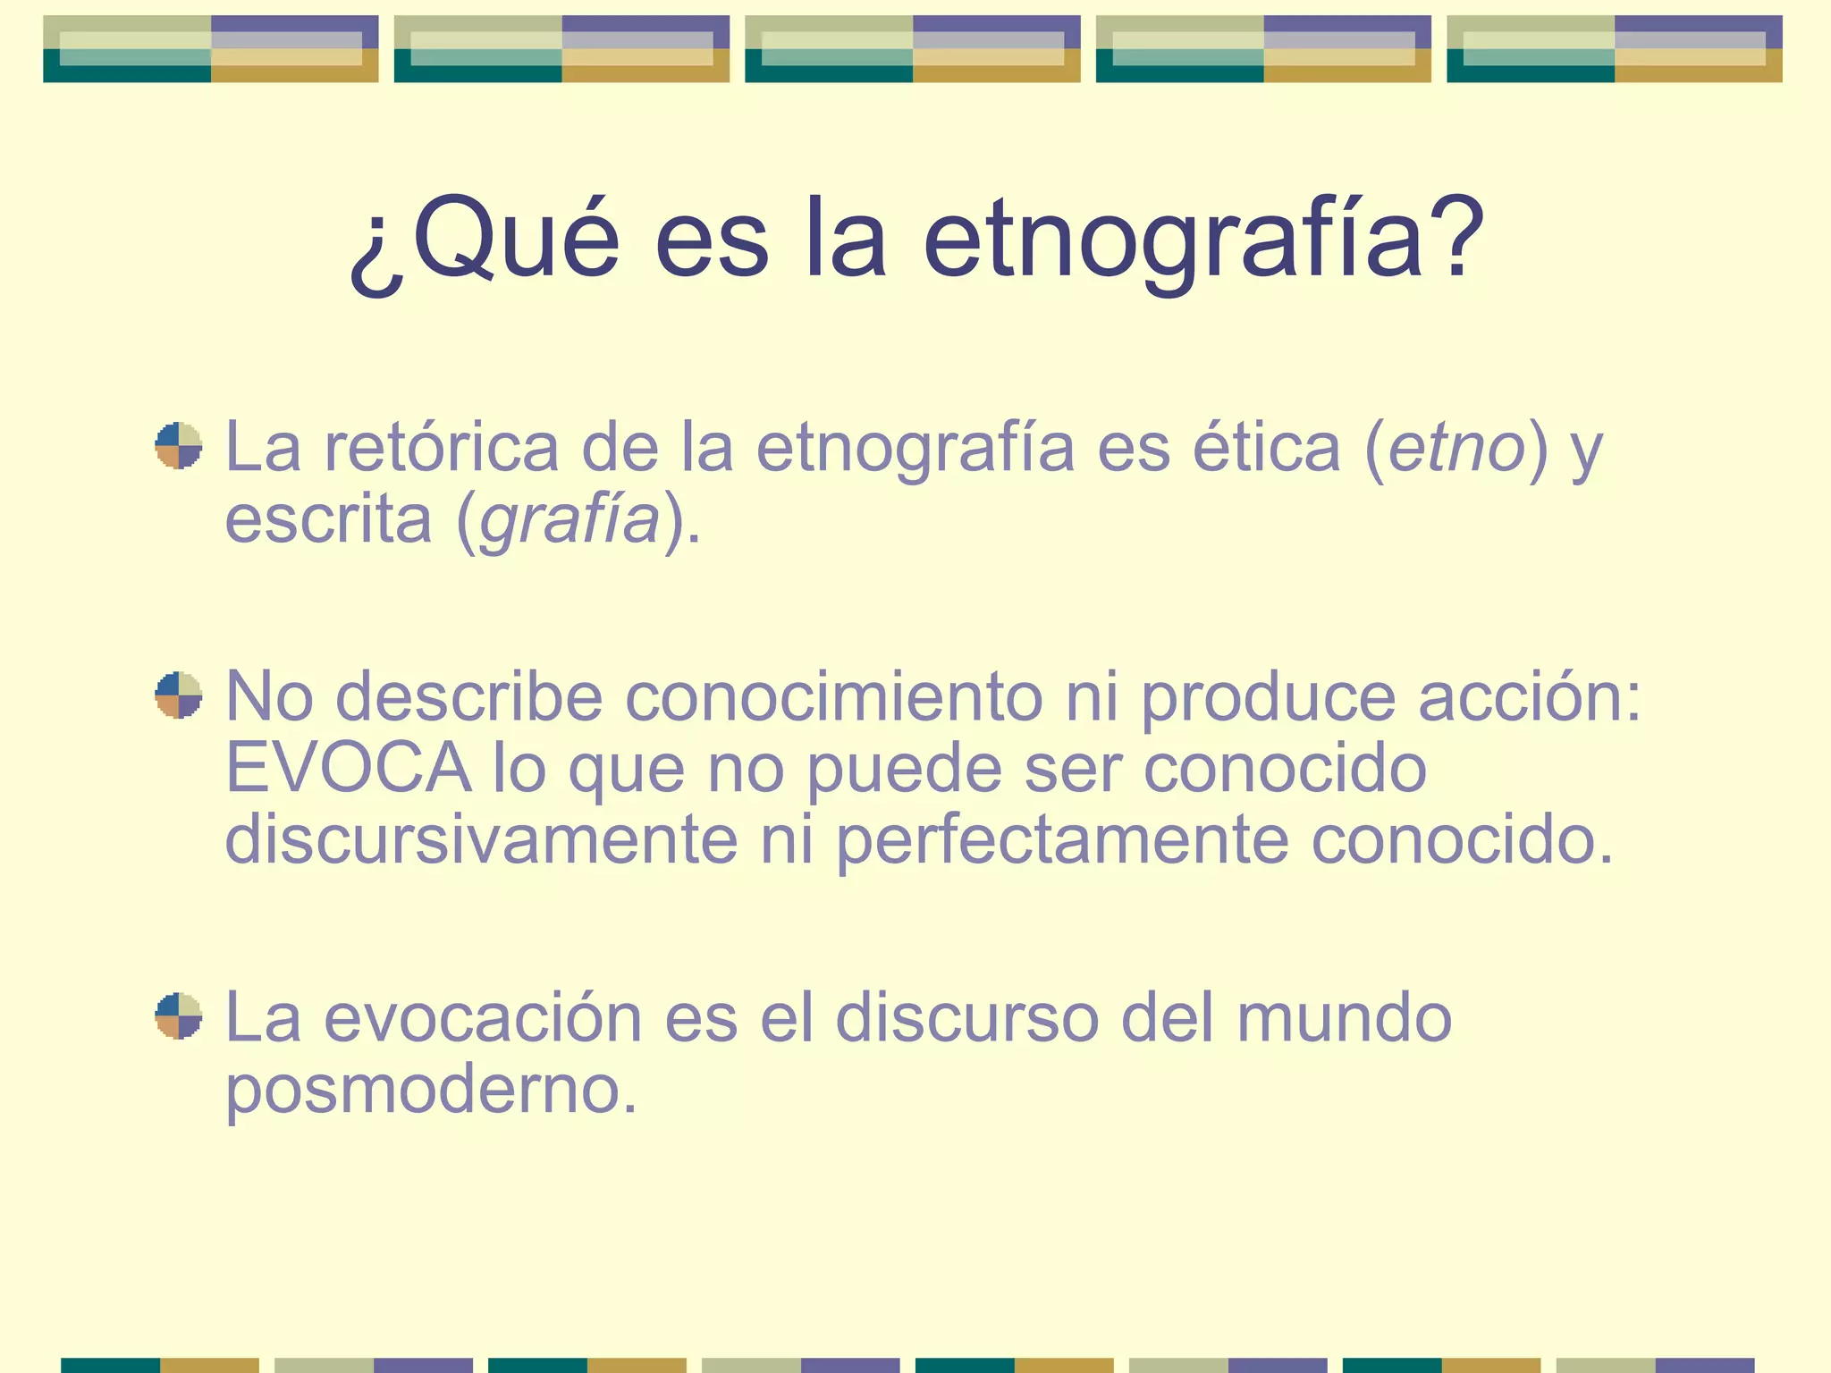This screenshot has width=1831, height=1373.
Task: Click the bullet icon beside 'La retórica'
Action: pyautogui.click(x=179, y=446)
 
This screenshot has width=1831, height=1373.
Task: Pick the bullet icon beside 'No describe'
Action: pyautogui.click(x=179, y=695)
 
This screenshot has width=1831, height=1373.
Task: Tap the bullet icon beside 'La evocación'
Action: pyautogui.click(x=179, y=1016)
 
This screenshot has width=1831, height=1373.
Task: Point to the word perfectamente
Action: pyautogui.click(x=1062, y=840)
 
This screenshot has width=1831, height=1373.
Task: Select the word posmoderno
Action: pyautogui.click(x=431, y=1091)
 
